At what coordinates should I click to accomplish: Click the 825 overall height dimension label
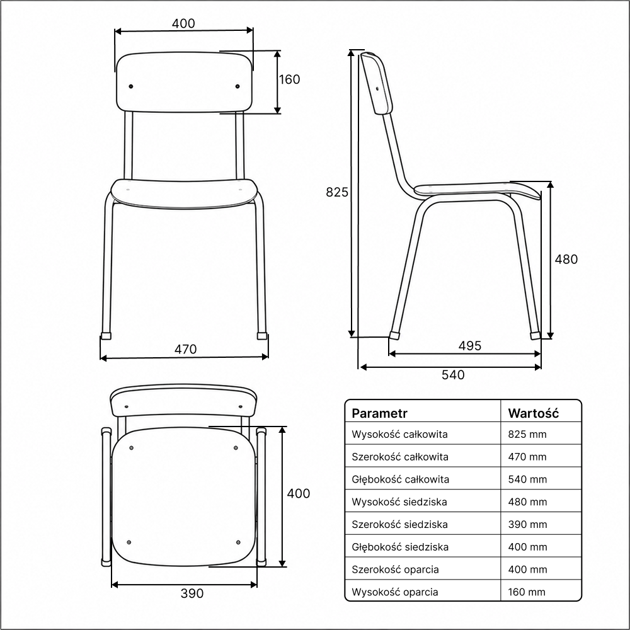[336, 192]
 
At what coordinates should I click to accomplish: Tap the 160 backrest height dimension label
[289, 79]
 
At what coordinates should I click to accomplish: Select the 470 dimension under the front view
[185, 349]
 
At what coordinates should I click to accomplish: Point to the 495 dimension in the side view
[470, 345]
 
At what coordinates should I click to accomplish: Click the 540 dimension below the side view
[453, 375]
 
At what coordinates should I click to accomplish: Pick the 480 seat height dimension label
[566, 259]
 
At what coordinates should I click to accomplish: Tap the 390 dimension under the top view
[192, 593]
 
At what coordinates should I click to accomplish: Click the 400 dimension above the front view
[183, 24]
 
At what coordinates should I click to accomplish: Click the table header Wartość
[533, 413]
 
